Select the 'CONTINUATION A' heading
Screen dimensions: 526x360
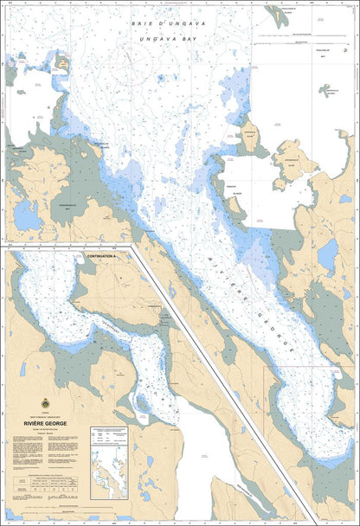click(x=106, y=257)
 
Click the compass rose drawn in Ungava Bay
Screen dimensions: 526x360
click(x=131, y=68)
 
